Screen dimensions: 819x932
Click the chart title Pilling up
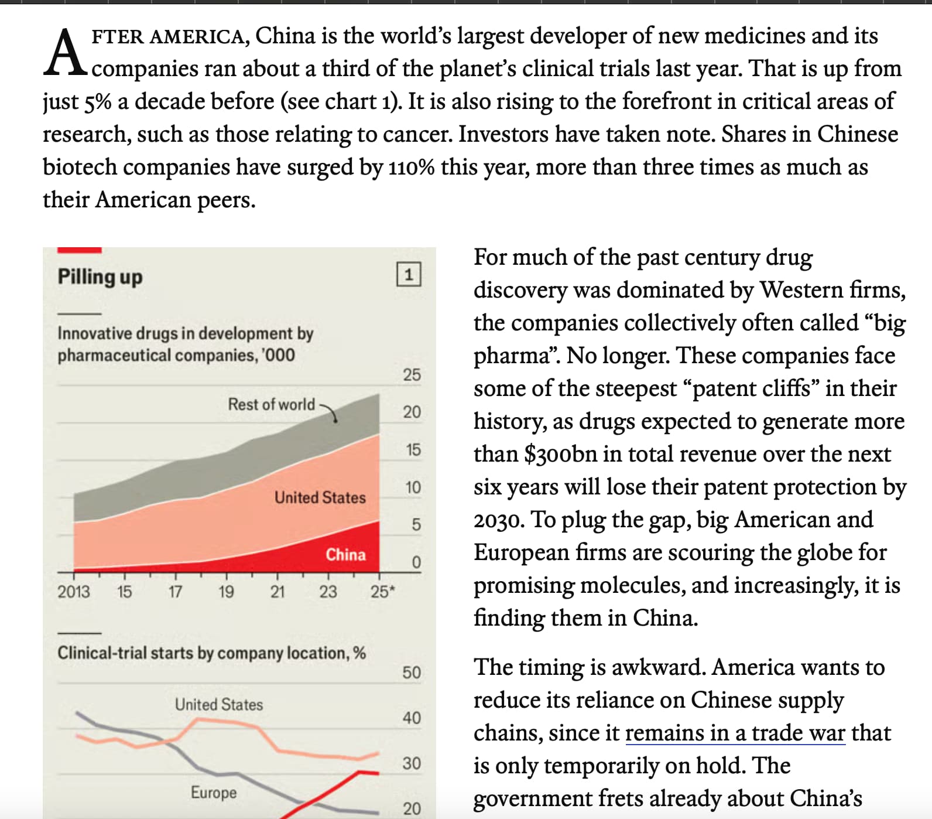(x=100, y=277)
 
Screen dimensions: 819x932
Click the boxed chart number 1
(x=409, y=274)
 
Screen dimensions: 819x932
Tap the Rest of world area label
(x=271, y=404)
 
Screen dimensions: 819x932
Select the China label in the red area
(x=345, y=554)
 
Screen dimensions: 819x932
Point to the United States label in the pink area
(x=320, y=497)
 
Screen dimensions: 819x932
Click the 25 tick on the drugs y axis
(x=412, y=374)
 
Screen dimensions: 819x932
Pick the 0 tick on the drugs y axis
(x=416, y=562)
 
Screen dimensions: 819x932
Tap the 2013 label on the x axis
(x=74, y=592)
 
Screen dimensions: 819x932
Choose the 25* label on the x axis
(x=383, y=592)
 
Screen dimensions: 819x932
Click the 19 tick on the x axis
(x=226, y=592)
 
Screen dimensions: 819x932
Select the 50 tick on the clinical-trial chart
(x=412, y=672)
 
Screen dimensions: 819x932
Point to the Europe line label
(x=214, y=793)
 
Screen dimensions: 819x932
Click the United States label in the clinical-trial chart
(x=219, y=704)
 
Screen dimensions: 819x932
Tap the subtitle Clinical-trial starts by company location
(x=211, y=653)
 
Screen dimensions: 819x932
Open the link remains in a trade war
(x=735, y=733)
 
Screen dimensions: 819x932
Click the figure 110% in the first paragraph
(x=411, y=167)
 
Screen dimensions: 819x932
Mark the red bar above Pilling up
(x=80, y=250)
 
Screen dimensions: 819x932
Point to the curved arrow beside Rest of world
(x=329, y=412)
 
